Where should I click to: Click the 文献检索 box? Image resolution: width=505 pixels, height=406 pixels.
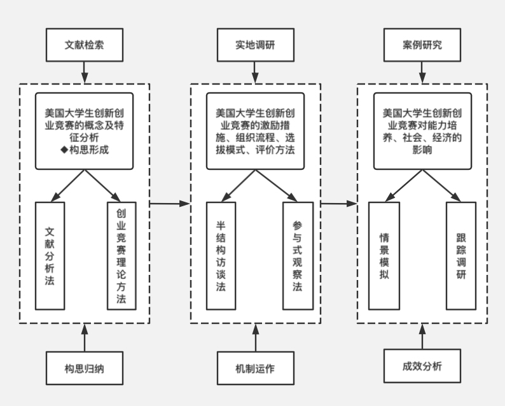(85, 46)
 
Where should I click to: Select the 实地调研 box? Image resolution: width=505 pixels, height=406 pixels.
(255, 46)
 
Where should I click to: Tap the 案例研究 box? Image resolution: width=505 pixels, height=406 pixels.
(422, 46)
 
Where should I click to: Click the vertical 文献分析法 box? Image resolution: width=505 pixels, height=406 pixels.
(50, 255)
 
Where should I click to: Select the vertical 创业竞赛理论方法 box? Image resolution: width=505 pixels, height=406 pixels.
(121, 255)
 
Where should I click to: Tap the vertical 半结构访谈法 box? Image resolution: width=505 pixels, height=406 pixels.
(221, 255)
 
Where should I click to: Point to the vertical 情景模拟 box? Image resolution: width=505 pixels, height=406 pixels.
(384, 255)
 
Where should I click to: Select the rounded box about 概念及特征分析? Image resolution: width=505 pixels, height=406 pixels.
(85, 131)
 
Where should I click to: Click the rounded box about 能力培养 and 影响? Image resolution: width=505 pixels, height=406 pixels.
(422, 131)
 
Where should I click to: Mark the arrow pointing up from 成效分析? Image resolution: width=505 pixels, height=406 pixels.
(422, 336)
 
